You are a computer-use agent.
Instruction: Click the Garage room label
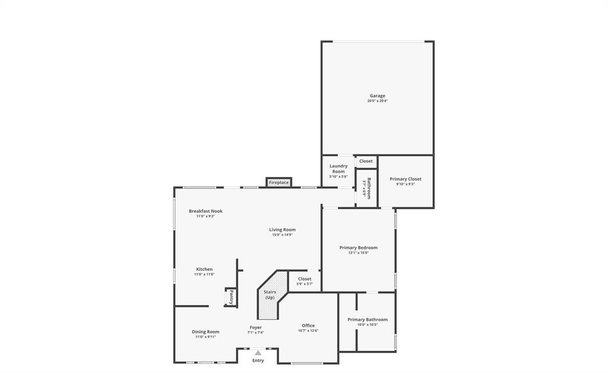tap(377, 96)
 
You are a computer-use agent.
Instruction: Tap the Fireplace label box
tap(278, 182)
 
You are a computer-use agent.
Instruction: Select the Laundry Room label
tap(338, 169)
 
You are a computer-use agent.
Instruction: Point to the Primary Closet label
tap(406, 179)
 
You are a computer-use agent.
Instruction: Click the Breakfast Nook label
tap(205, 211)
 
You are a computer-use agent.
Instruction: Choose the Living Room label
tap(282, 230)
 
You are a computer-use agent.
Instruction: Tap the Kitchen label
tap(204, 269)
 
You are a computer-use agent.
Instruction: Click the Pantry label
tap(232, 297)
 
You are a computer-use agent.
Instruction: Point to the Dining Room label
tap(205, 331)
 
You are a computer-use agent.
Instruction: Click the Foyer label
tap(255, 327)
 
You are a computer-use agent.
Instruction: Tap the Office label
tap(308, 325)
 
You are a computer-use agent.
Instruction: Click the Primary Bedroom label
tap(358, 248)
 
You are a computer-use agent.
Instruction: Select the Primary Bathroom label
tap(368, 320)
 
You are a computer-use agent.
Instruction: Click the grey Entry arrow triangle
tap(258, 353)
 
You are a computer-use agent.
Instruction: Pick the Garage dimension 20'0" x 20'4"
tap(377, 101)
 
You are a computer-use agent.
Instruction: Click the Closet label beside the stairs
tap(305, 279)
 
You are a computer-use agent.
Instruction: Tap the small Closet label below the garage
tap(366, 161)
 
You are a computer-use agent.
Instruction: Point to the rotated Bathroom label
tap(369, 188)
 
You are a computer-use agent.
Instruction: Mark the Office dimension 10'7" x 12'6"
tap(308, 331)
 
